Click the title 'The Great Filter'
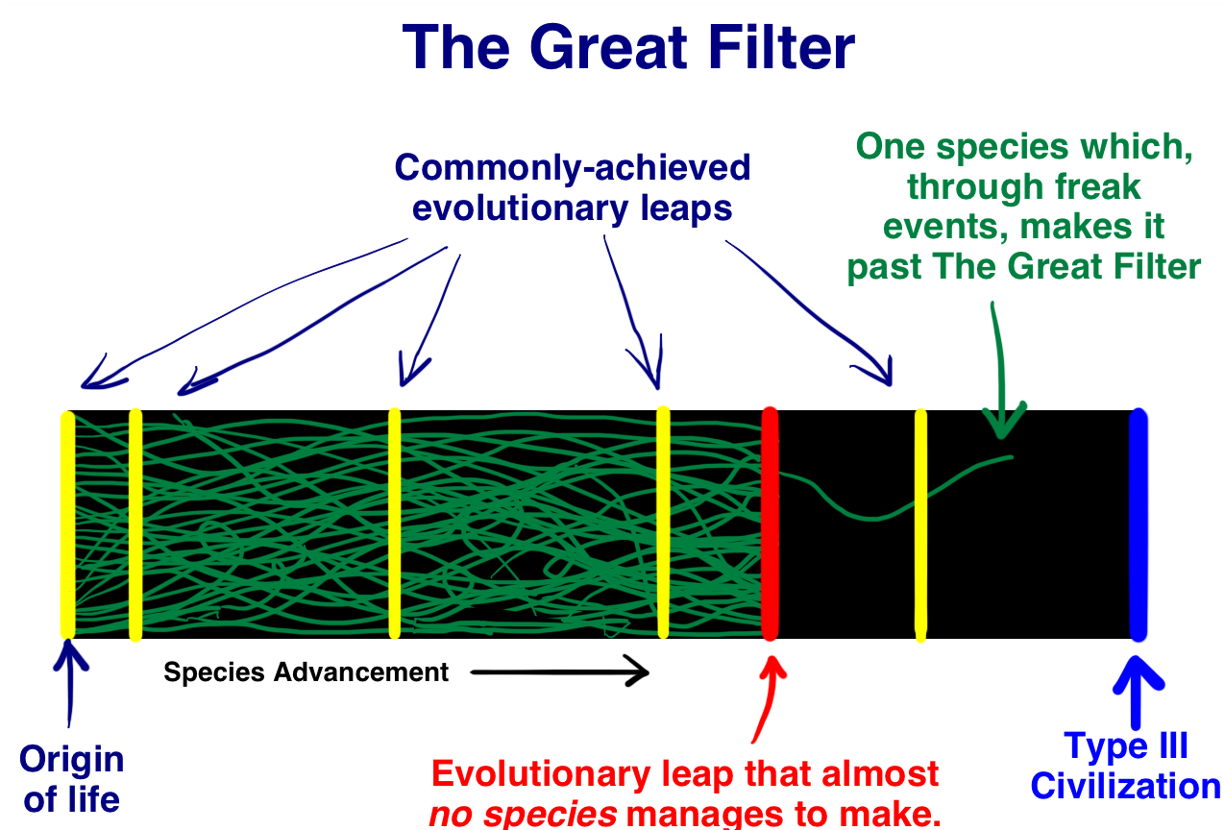(628, 48)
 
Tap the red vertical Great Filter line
(770, 524)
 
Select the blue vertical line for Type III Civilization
(1139, 524)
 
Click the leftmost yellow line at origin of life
(67, 524)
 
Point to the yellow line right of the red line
(920, 524)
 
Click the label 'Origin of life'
(72, 778)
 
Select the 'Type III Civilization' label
(1125, 766)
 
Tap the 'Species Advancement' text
(306, 672)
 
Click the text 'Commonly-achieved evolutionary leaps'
(573, 187)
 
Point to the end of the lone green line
(1010, 456)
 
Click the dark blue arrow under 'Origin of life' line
(69, 687)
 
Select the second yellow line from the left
(135, 524)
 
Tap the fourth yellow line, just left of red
(663, 524)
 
